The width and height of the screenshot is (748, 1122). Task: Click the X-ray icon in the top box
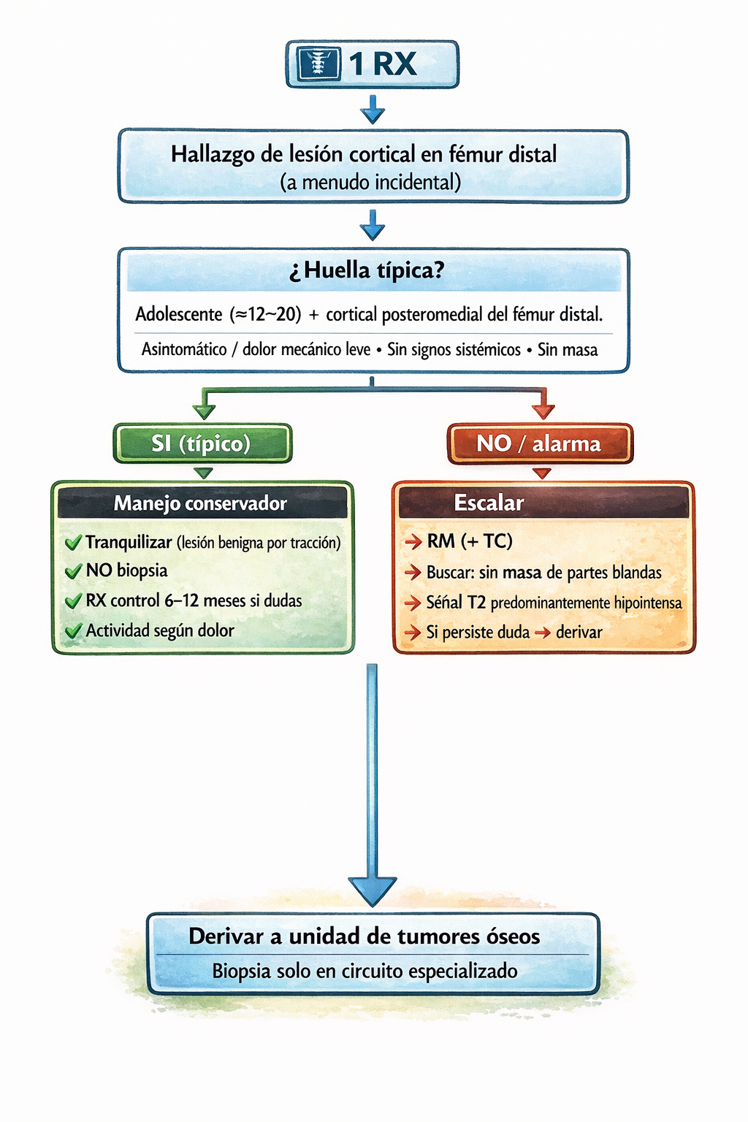316,64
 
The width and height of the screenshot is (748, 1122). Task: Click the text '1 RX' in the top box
382,64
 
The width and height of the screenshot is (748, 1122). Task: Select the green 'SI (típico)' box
202,443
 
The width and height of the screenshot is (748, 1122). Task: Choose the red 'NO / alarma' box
540,443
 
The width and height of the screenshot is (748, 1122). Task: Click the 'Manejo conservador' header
200,503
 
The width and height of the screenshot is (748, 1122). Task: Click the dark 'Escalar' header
489,503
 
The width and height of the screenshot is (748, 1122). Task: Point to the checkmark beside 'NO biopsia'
73,571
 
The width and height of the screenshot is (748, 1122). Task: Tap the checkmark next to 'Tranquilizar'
73,543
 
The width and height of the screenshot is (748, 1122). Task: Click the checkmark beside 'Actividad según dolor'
73,631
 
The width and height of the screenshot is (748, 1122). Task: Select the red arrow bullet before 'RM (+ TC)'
413,541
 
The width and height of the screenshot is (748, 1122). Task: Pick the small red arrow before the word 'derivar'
542,633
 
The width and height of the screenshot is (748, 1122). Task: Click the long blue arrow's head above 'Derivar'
373,889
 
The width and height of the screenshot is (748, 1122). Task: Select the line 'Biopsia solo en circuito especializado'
365,972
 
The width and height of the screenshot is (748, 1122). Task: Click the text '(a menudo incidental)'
370,182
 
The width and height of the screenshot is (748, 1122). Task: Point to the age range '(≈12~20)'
266,315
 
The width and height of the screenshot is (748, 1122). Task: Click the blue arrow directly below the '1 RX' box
373,110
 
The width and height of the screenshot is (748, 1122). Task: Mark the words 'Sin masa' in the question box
568,350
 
